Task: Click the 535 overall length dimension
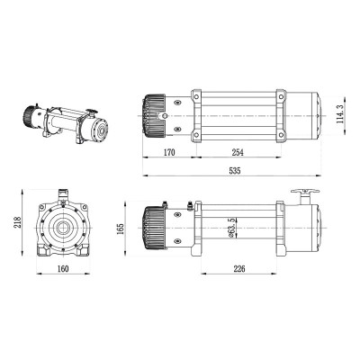[x=235, y=171]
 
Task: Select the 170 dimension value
[x=169, y=152]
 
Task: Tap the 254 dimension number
[x=238, y=152]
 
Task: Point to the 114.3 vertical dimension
[x=339, y=116]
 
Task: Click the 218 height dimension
[x=18, y=222]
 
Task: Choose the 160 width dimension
[x=63, y=269]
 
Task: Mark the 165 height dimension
[x=121, y=229]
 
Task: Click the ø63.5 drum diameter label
[x=231, y=228]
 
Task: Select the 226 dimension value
[x=239, y=269]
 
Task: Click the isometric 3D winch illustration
[x=66, y=124]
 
